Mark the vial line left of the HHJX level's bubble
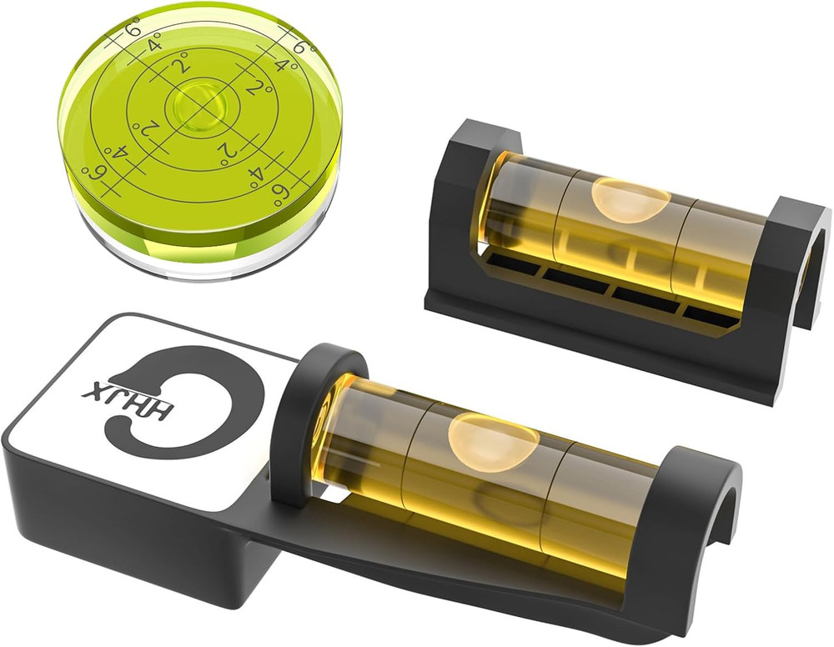[409, 450]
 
